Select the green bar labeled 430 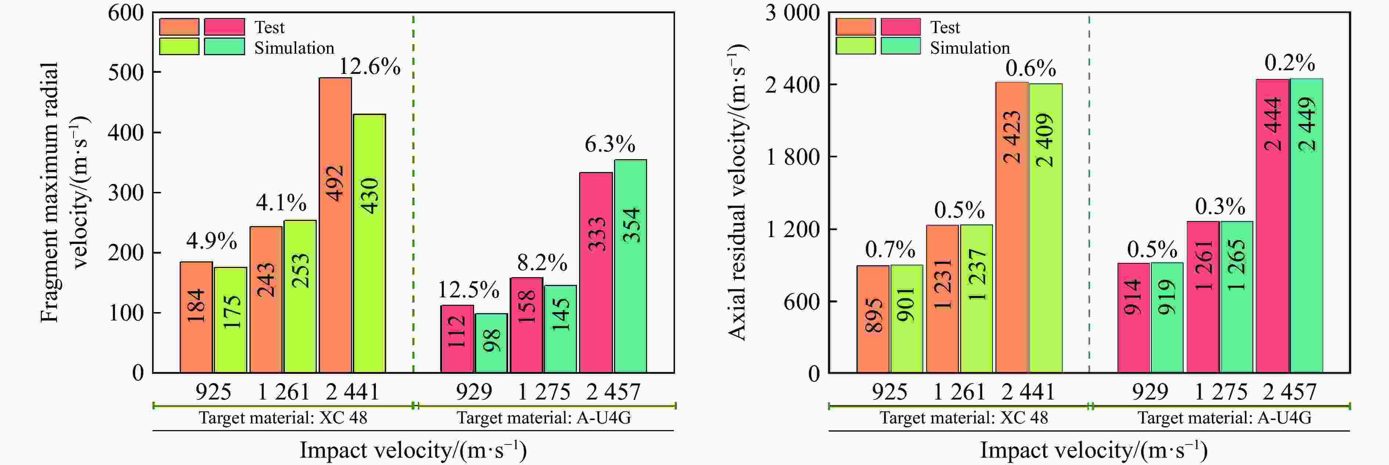[369, 243]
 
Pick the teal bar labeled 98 [491, 343]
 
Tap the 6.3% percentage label [610, 144]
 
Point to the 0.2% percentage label [1289, 63]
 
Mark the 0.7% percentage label [890, 249]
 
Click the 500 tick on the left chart [126, 72]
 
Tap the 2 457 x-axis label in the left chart [613, 391]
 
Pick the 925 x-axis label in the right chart [889, 391]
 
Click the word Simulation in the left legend [294, 48]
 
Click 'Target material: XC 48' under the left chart [283, 418]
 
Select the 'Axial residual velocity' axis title [737, 192]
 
